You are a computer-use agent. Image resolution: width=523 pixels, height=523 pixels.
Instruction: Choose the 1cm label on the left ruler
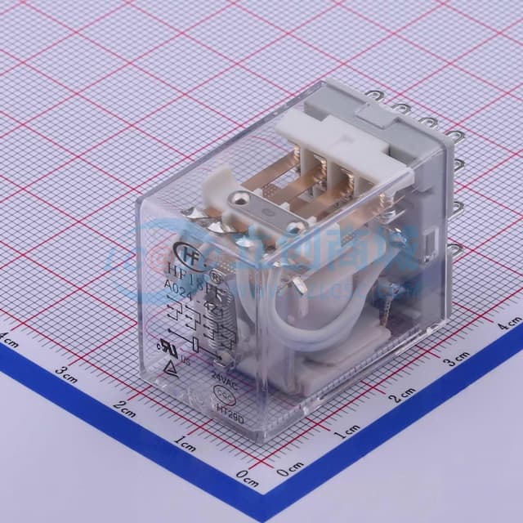(186, 445)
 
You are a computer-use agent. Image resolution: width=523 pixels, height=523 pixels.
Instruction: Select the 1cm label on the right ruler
(346, 429)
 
